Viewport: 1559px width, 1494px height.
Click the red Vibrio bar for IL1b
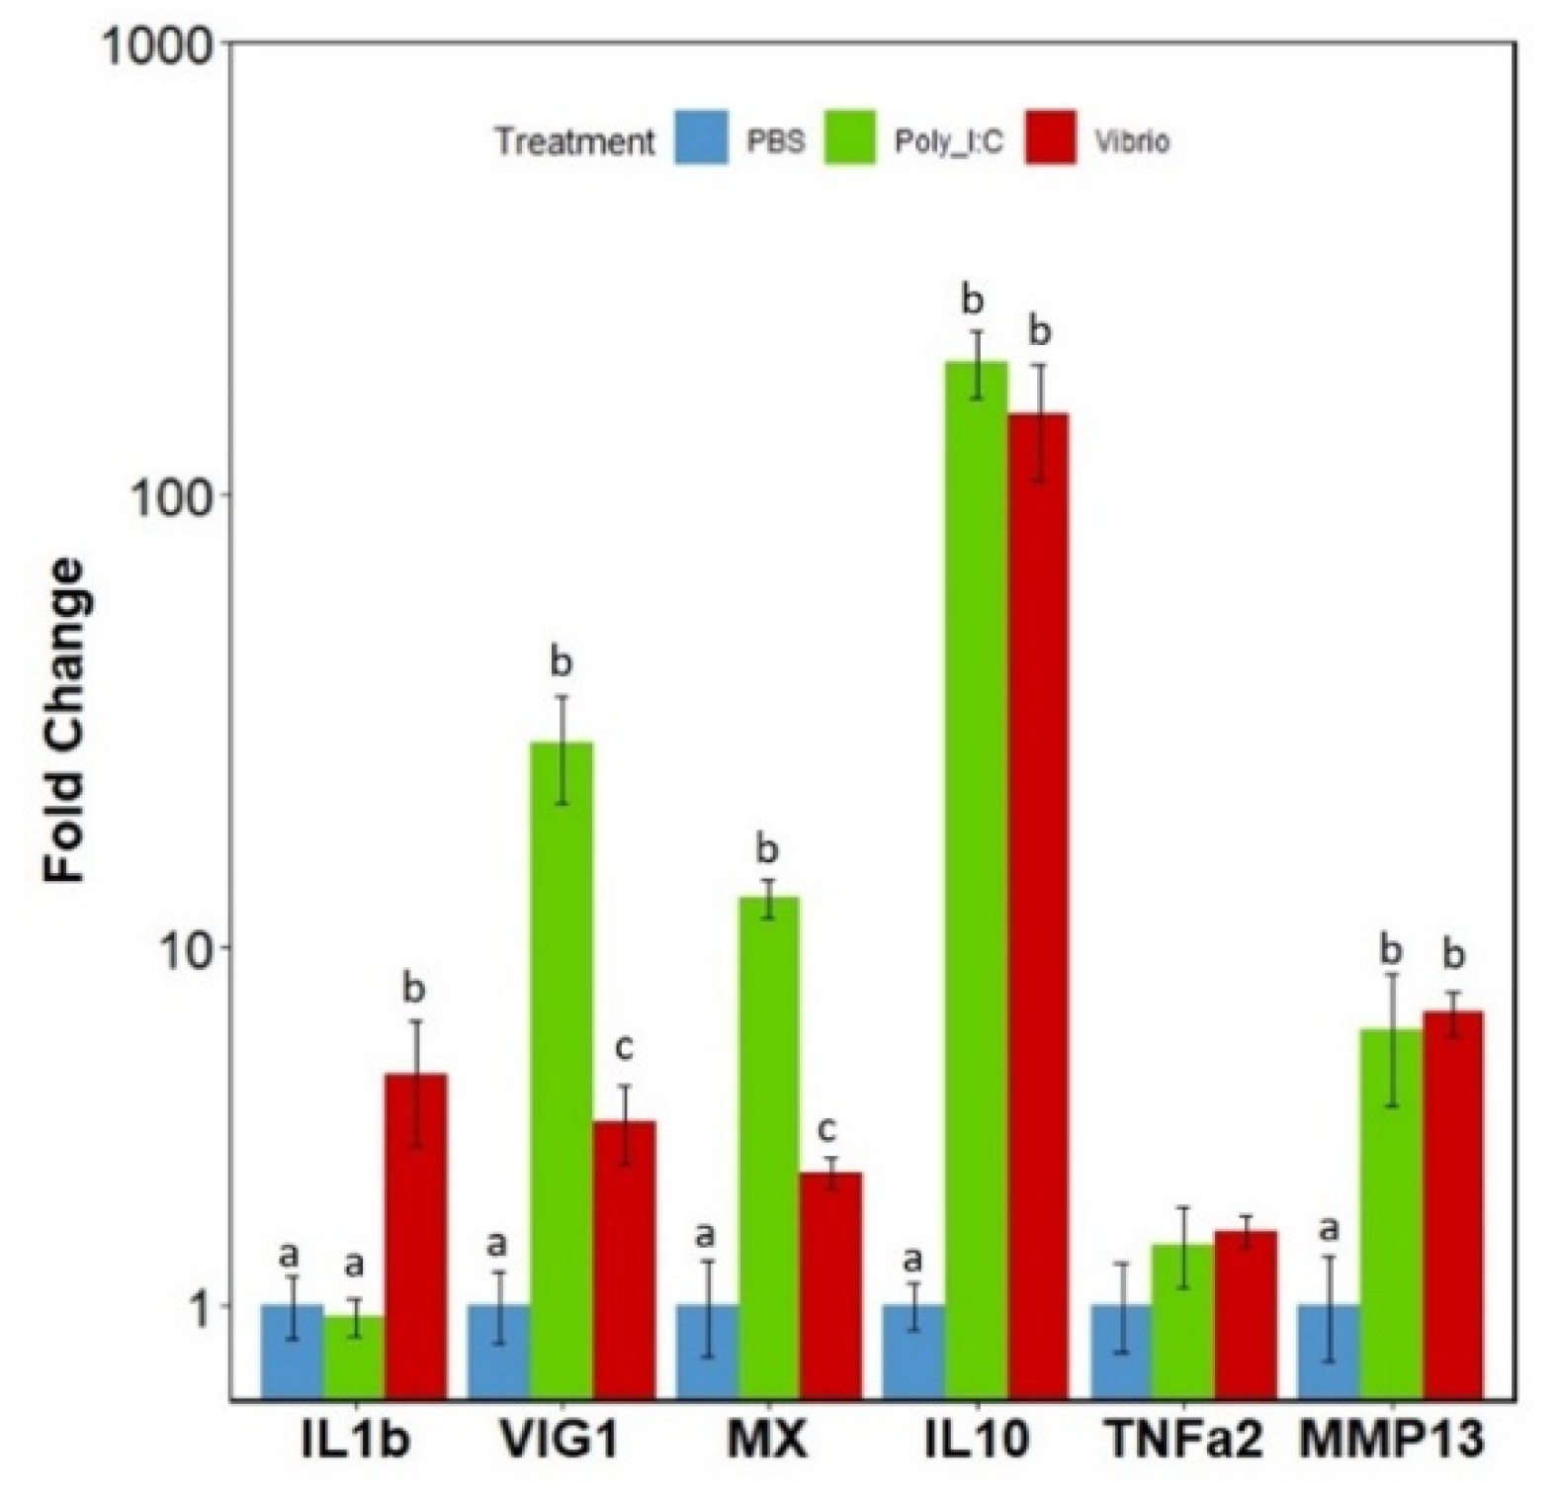click(416, 1236)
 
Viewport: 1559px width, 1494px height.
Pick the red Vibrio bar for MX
click(830, 1285)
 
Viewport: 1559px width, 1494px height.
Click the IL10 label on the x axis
click(977, 1441)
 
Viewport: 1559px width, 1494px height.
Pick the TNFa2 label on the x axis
click(1182, 1441)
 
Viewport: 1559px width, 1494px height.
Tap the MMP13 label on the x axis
click(1392, 1441)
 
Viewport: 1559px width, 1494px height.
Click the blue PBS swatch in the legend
click(703, 137)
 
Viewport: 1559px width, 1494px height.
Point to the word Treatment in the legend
click(575, 140)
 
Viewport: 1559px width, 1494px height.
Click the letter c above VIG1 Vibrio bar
click(624, 1047)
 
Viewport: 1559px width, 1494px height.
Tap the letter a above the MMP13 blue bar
click(1330, 1229)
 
